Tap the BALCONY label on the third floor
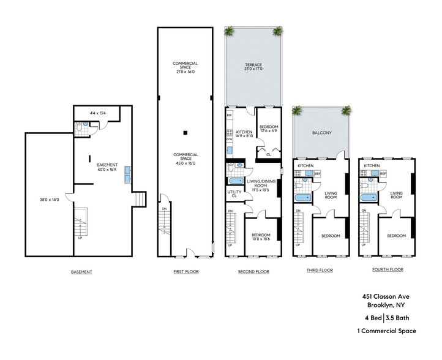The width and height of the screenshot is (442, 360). point(321,132)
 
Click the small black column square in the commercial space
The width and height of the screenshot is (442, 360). point(185,132)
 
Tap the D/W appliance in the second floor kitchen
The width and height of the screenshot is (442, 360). point(229,140)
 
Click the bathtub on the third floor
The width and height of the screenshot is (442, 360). point(302,198)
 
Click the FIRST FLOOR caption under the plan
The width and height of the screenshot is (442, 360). point(185,271)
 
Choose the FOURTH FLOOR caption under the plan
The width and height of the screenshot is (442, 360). point(388,269)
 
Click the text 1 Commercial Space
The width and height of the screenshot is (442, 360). point(386,331)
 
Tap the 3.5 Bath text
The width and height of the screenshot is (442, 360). point(401,317)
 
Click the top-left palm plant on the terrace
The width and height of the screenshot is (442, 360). point(230,31)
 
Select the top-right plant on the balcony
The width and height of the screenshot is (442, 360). point(346,111)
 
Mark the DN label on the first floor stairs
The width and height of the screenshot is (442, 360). point(163,209)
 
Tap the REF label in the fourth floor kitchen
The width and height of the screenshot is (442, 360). point(383,174)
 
